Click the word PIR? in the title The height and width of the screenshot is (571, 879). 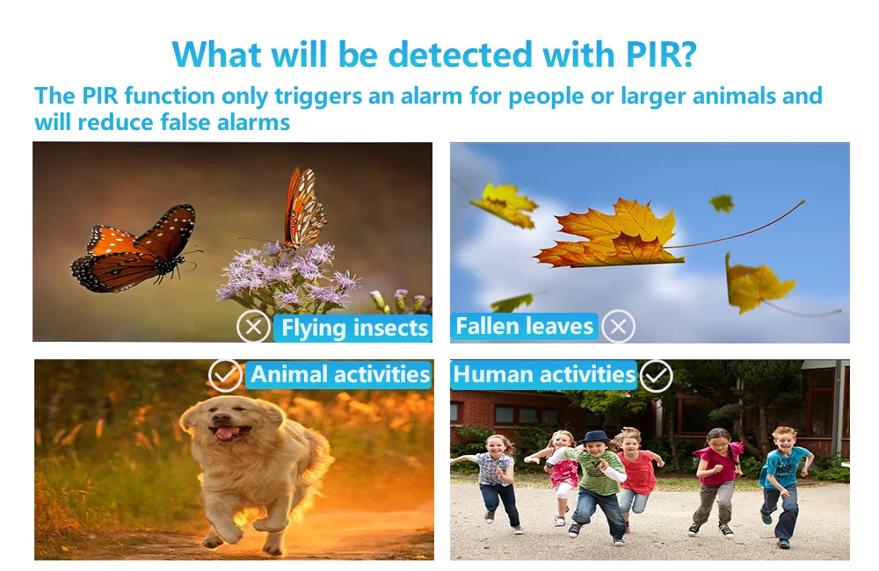point(662,54)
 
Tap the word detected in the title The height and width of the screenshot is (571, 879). point(461,54)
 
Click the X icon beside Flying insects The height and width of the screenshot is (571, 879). point(253,326)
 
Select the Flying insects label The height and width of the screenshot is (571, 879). point(353,328)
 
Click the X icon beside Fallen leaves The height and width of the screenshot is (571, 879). point(618,326)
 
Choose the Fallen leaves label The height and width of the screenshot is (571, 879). point(524,326)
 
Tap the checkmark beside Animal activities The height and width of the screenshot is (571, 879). point(225,375)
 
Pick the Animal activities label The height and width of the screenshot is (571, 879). point(339,374)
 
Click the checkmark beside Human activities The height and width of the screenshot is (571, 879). point(656,375)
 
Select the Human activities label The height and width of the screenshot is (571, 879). point(544,374)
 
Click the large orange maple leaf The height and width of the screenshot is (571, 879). point(611,235)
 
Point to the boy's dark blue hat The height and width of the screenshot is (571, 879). point(595,437)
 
